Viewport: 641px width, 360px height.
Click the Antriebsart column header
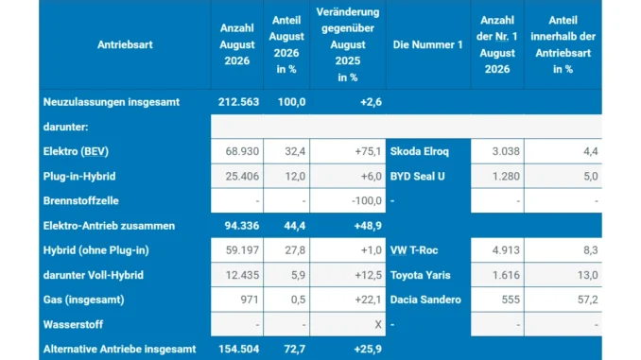click(x=125, y=44)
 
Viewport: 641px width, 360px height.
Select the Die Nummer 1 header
click(x=427, y=44)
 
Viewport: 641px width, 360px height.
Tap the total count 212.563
click(x=238, y=102)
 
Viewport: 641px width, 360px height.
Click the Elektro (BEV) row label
click(x=76, y=151)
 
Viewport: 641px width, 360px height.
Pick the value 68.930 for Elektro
click(x=242, y=151)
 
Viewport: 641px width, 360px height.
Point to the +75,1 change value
click(x=368, y=151)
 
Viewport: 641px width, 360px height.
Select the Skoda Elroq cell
click(x=419, y=151)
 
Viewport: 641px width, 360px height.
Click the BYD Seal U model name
click(x=417, y=177)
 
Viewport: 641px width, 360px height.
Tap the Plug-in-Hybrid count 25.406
click(x=242, y=177)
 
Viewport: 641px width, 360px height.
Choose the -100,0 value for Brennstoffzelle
click(x=367, y=201)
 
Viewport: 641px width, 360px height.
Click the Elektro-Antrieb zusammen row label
click(x=109, y=226)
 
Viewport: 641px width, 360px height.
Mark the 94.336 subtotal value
click(x=242, y=226)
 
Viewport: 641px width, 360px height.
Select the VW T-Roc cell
click(x=414, y=250)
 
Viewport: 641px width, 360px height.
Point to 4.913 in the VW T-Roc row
click(x=506, y=250)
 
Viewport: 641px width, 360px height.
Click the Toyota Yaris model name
click(x=421, y=275)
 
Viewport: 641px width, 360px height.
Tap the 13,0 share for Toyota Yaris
click(x=587, y=275)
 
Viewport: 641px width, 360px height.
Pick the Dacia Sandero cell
click(x=425, y=300)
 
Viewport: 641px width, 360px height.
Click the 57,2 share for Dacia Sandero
click(x=587, y=300)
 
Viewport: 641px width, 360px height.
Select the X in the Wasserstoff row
click(x=378, y=325)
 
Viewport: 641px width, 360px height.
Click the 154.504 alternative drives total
click(x=239, y=350)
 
